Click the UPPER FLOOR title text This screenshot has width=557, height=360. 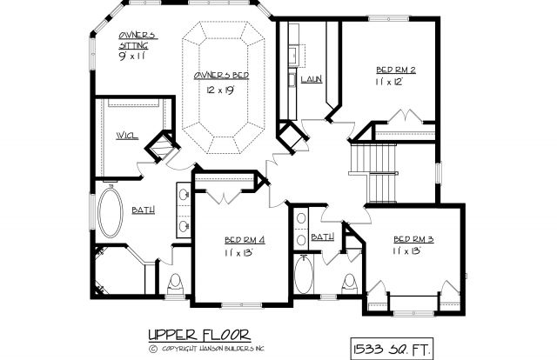click(199, 335)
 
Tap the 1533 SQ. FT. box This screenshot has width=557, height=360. click(392, 349)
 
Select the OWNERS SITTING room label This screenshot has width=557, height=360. click(138, 40)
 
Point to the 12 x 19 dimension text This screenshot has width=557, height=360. click(220, 90)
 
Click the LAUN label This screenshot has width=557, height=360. click(312, 79)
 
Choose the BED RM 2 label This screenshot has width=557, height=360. click(396, 70)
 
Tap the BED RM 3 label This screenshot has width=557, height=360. click(413, 239)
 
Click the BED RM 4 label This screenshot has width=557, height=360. click(245, 240)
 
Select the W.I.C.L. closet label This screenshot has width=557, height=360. click(127, 136)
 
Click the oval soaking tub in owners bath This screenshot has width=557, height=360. click(111, 213)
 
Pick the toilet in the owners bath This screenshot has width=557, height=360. click(175, 284)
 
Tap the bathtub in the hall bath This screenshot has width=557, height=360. click(304, 274)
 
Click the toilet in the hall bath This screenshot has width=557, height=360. click(350, 283)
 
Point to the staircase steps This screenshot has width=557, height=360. click(373, 172)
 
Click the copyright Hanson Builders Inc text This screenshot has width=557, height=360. click(207, 349)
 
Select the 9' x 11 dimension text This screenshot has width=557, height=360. click(131, 57)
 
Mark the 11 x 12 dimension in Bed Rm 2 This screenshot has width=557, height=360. click(389, 82)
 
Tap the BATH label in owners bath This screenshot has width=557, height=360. click(143, 210)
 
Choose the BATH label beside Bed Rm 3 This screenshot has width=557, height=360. click(323, 237)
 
